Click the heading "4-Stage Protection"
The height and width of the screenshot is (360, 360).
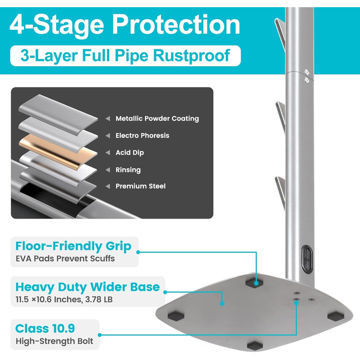tap(125, 25)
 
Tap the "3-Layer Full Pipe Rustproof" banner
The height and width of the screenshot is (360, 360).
tap(125, 56)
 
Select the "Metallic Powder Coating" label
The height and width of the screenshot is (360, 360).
tap(157, 118)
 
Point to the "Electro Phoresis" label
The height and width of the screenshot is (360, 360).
tap(142, 135)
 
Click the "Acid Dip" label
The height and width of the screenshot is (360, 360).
tap(130, 152)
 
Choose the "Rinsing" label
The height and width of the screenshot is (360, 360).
tap(128, 170)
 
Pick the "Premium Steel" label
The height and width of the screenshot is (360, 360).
tap(140, 186)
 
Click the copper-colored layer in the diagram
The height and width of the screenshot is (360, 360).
tap(59, 152)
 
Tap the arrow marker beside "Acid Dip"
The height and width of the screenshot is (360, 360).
tap(107, 152)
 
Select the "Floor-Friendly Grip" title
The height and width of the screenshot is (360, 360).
tap(73, 246)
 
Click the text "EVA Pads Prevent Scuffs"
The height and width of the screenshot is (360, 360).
tap(65, 259)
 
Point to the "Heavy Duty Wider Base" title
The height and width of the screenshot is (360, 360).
tap(87, 287)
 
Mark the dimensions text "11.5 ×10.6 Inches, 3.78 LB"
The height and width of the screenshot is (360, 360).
tap(64, 299)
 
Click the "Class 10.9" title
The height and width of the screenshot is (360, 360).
tap(45, 328)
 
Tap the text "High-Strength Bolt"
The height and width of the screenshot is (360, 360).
tap(55, 341)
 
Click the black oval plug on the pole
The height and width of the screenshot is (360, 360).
tap(307, 259)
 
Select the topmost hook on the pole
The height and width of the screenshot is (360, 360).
tap(280, 34)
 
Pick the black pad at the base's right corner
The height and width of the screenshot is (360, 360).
tap(336, 316)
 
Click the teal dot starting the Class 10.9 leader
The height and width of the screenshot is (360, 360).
tap(100, 335)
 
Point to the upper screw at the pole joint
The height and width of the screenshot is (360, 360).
tap(307, 72)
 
